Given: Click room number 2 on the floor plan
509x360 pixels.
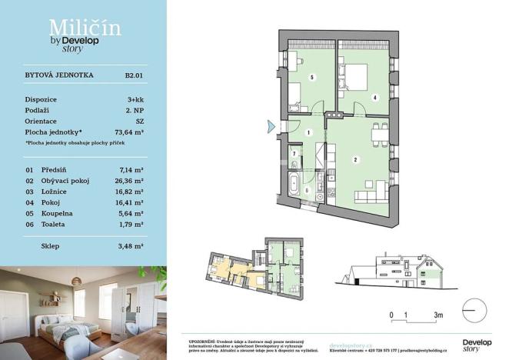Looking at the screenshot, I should [x=355, y=160].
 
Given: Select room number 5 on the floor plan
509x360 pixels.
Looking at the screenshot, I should [x=311, y=78].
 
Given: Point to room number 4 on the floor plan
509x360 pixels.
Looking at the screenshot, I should [x=374, y=98].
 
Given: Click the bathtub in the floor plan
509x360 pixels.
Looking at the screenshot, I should [x=296, y=184].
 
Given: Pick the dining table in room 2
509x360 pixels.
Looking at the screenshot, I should [x=379, y=134].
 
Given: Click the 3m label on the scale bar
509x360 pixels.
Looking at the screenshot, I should [x=437, y=315].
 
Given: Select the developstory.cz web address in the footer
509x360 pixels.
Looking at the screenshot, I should [x=351, y=345].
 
